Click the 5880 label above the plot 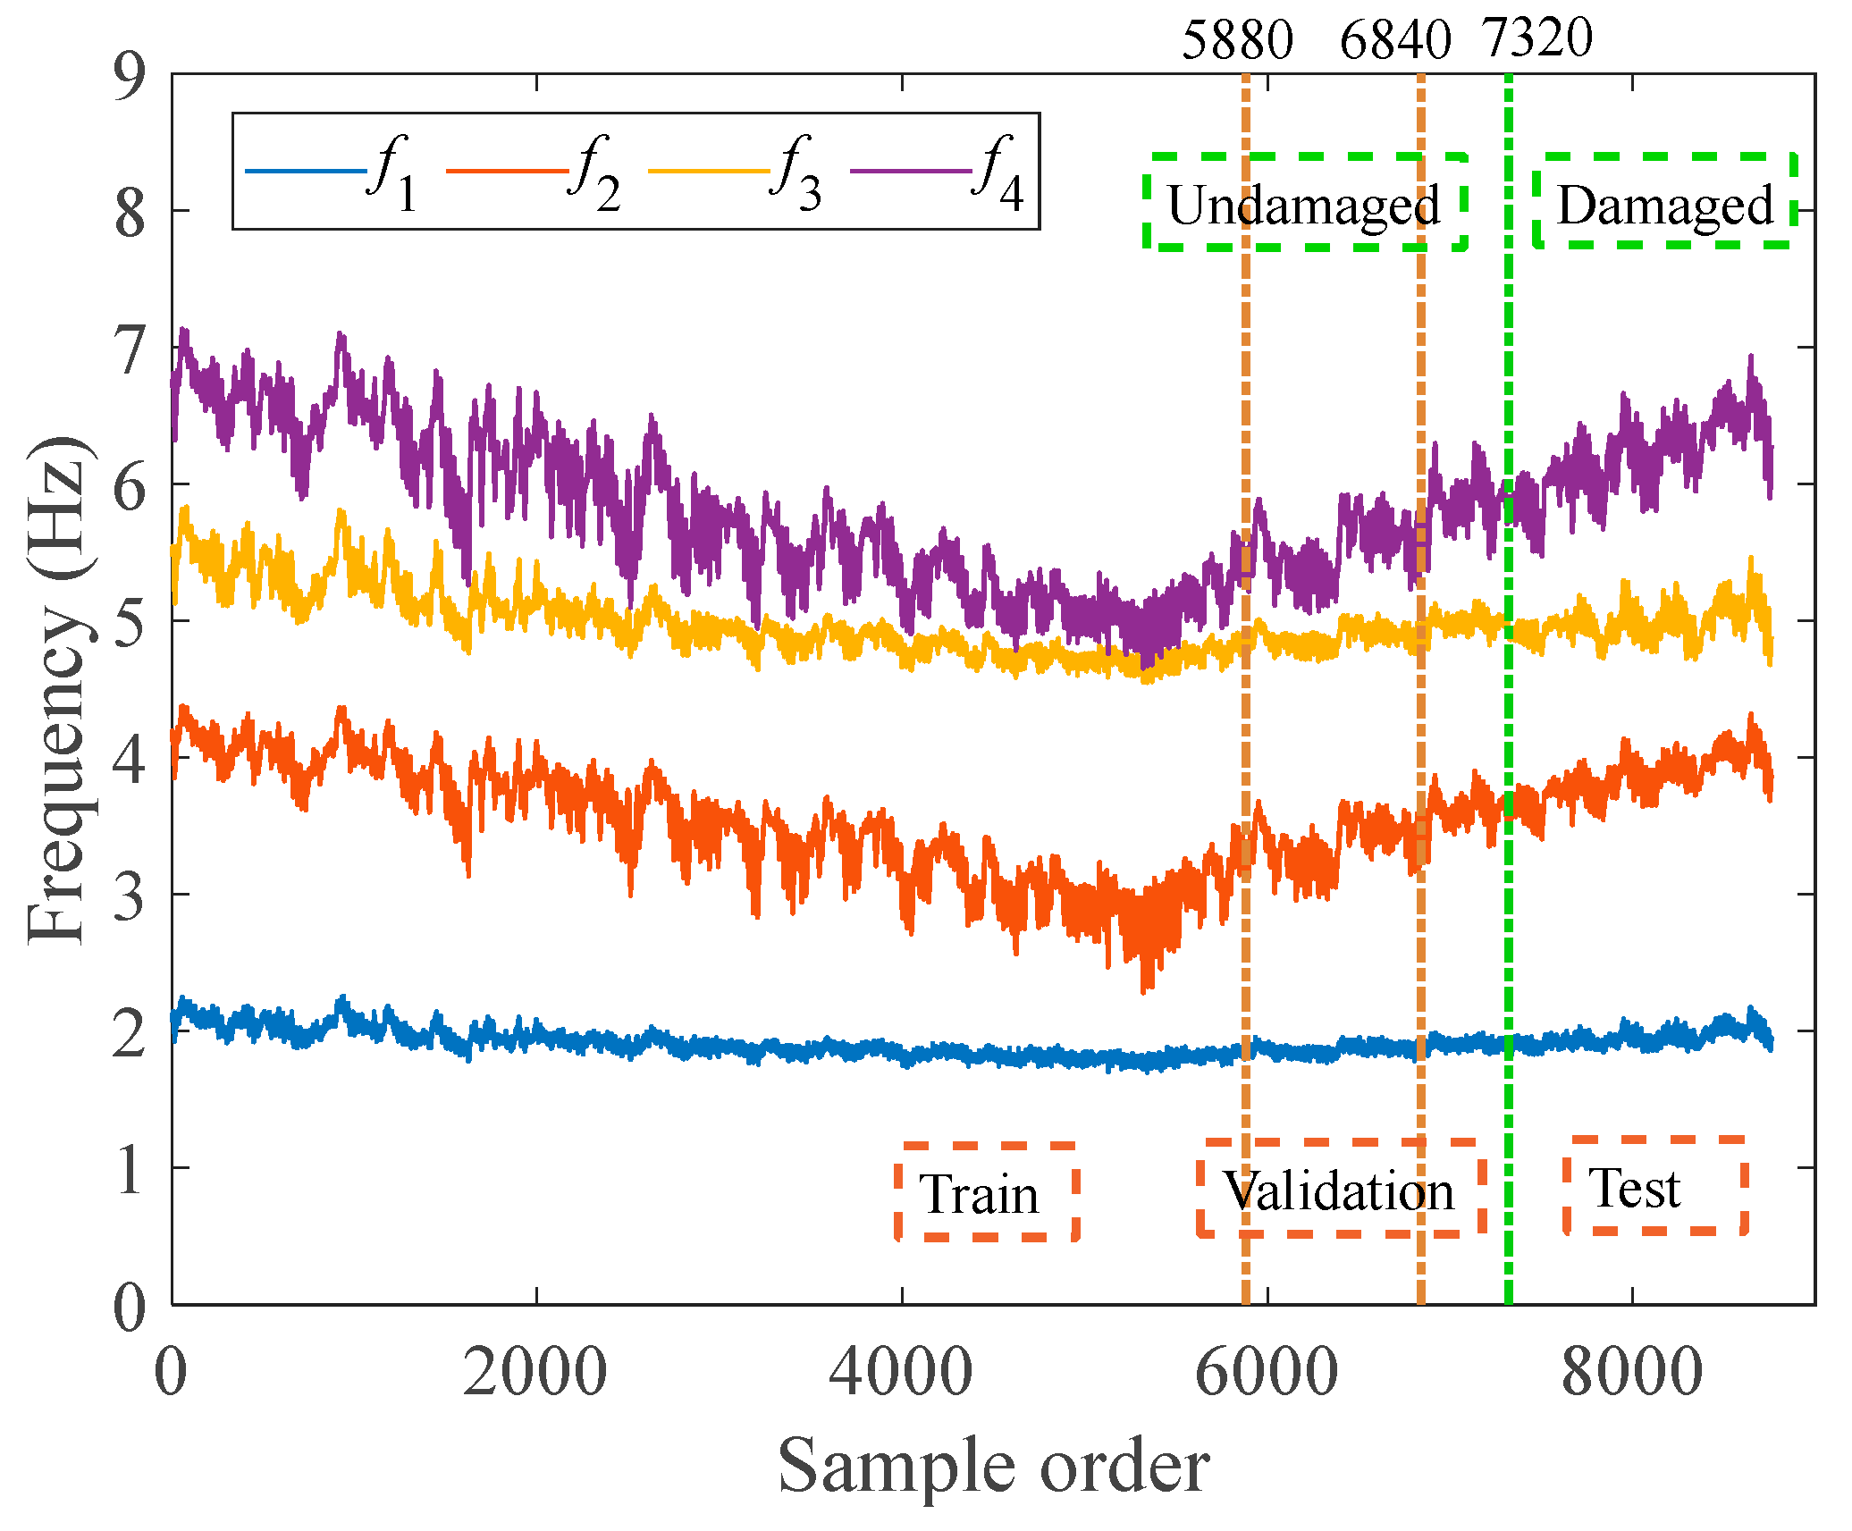pos(1237,40)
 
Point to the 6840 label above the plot pos(1394,40)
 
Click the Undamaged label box pos(1304,204)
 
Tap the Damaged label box pos(1664,204)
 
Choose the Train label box pos(981,1193)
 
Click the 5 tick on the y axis pos(130,623)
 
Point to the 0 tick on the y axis pos(130,1307)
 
